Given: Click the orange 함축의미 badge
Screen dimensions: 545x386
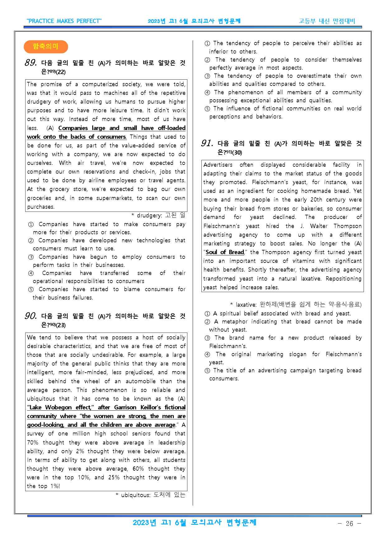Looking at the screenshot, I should click(46, 47).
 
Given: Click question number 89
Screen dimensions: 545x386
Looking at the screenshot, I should click(31, 63).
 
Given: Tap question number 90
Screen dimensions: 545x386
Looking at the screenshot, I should click(31, 316).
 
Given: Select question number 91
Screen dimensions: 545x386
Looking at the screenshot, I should click(207, 143).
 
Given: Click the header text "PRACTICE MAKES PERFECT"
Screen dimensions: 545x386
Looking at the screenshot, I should click(64, 21).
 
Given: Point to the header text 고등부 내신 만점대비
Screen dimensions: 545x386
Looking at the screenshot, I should click(327, 21).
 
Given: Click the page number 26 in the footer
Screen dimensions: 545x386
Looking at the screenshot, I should click(349, 524).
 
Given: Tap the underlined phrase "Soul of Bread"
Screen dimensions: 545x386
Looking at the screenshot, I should click(225, 252).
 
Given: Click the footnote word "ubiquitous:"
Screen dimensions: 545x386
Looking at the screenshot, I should click(136, 495).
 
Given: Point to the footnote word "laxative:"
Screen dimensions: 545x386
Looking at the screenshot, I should click(246, 305).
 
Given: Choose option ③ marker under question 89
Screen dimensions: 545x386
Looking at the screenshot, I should click(31, 257).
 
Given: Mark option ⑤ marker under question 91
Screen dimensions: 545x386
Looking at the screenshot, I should click(207, 370).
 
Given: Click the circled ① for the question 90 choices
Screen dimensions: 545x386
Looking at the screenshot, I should click(207, 44).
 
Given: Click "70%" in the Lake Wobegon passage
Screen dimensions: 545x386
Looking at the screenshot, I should click(33, 443).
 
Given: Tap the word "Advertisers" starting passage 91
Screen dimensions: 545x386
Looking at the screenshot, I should click(218, 165).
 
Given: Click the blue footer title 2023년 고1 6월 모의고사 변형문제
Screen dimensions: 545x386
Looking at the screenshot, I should click(195, 523).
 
